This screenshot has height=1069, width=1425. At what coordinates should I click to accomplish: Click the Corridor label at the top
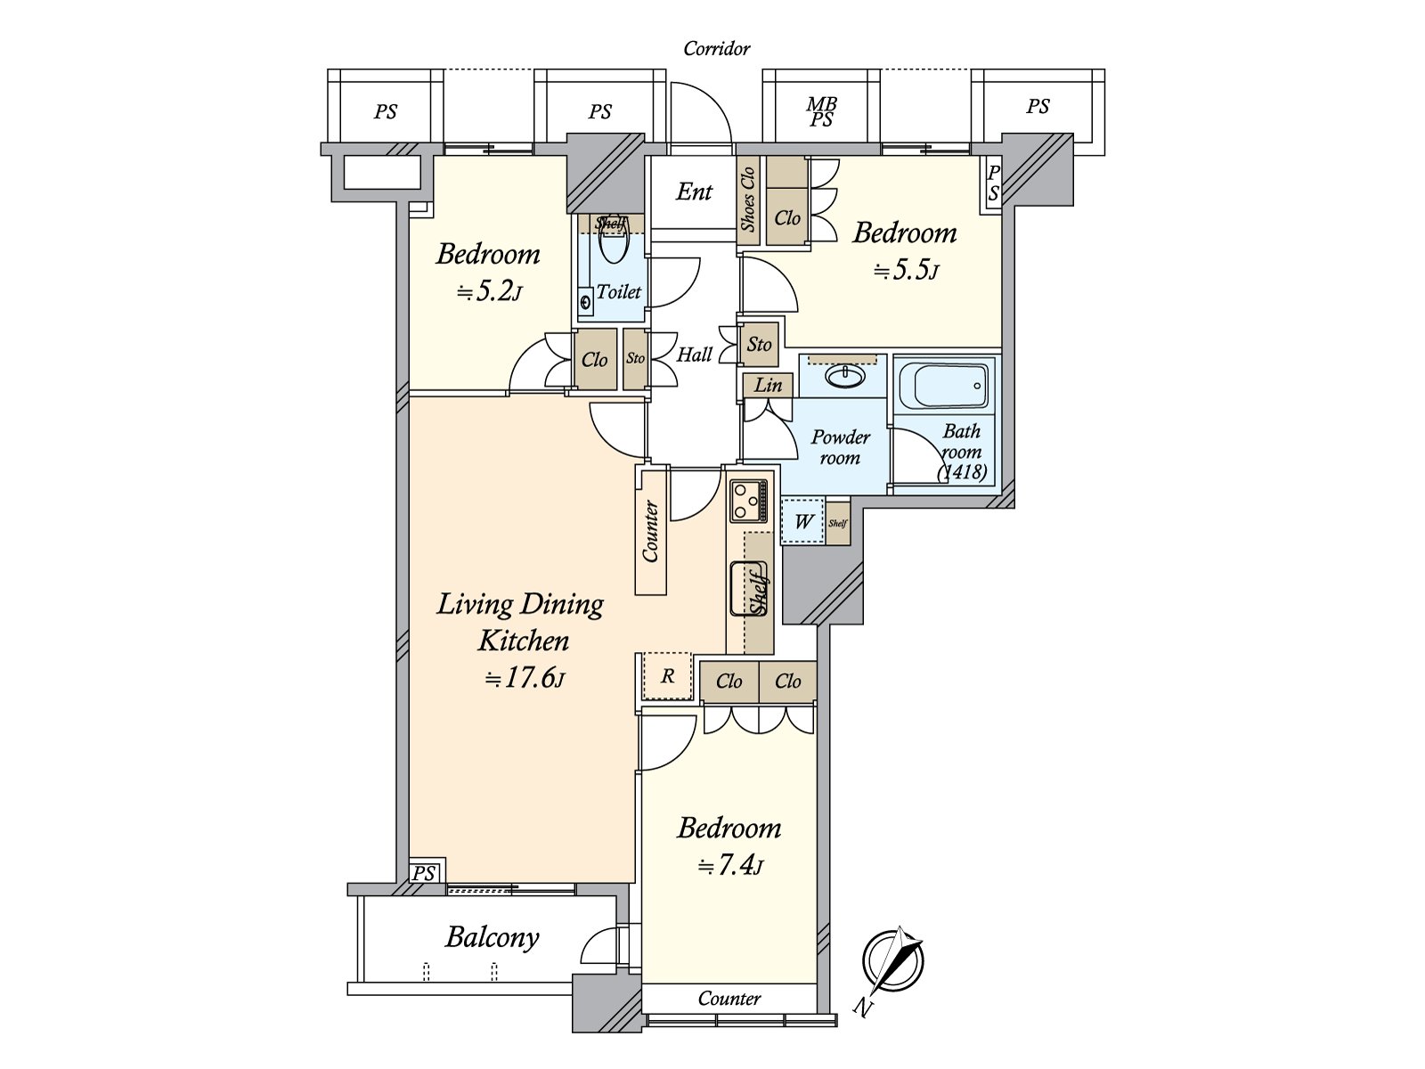[717, 49]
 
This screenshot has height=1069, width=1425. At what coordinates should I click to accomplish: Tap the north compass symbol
[893, 960]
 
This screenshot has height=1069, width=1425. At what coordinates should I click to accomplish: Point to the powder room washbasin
[844, 376]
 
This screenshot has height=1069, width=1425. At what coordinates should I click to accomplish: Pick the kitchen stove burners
[748, 501]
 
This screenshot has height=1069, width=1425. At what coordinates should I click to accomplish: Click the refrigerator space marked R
[667, 676]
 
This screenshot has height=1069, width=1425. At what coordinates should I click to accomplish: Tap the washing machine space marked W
[803, 521]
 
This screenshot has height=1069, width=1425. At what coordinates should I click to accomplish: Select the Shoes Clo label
[748, 200]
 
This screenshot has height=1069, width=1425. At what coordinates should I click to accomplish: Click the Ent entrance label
[694, 192]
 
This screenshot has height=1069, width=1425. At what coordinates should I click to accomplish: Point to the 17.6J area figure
[525, 678]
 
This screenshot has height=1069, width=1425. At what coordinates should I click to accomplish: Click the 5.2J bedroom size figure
[488, 291]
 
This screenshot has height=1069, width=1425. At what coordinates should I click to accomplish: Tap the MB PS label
[821, 111]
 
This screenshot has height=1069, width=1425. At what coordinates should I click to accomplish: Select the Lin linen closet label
[768, 386]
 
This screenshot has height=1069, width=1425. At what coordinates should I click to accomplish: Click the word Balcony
[493, 938]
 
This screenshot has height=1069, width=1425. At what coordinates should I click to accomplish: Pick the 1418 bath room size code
[962, 472]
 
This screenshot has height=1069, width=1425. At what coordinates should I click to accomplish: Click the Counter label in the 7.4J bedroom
[729, 999]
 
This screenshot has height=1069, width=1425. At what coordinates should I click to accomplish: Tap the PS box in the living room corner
[424, 873]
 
